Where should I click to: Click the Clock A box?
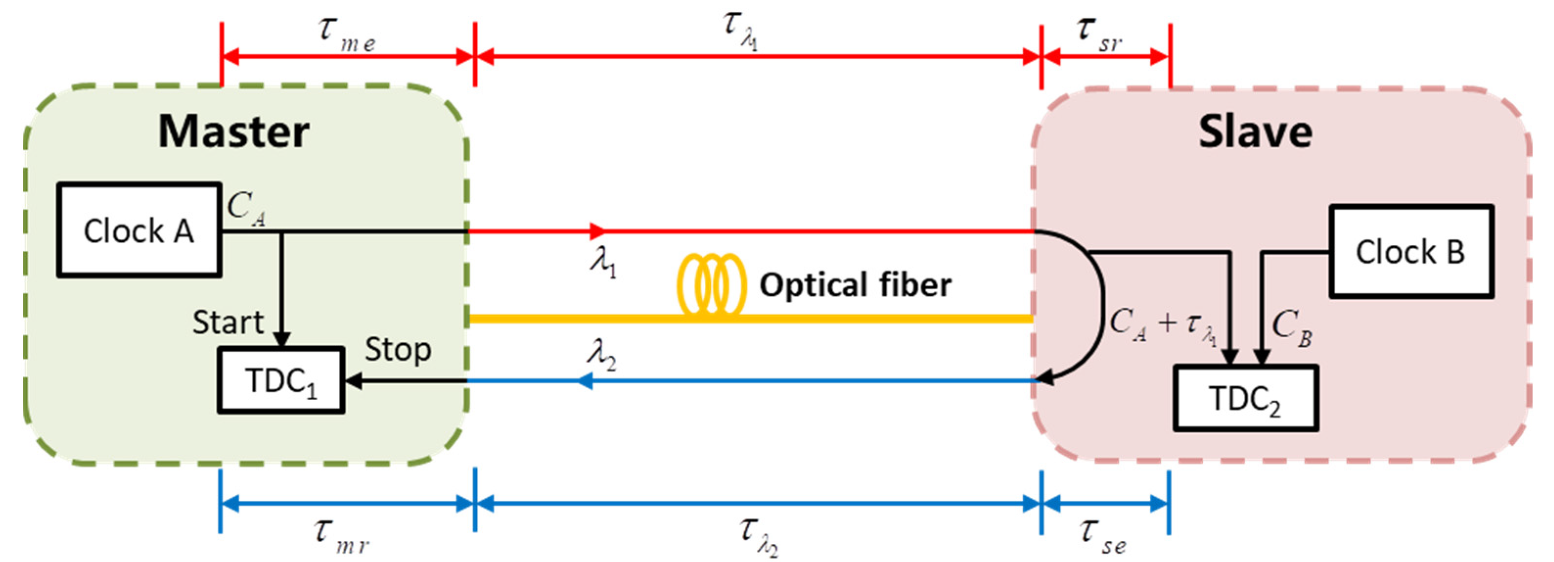(x=139, y=230)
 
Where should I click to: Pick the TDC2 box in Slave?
(x=1245, y=399)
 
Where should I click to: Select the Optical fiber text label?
(x=855, y=285)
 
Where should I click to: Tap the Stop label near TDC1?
(x=398, y=350)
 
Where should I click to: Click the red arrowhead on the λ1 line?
(x=597, y=231)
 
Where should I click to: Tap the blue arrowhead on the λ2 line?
(x=584, y=381)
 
